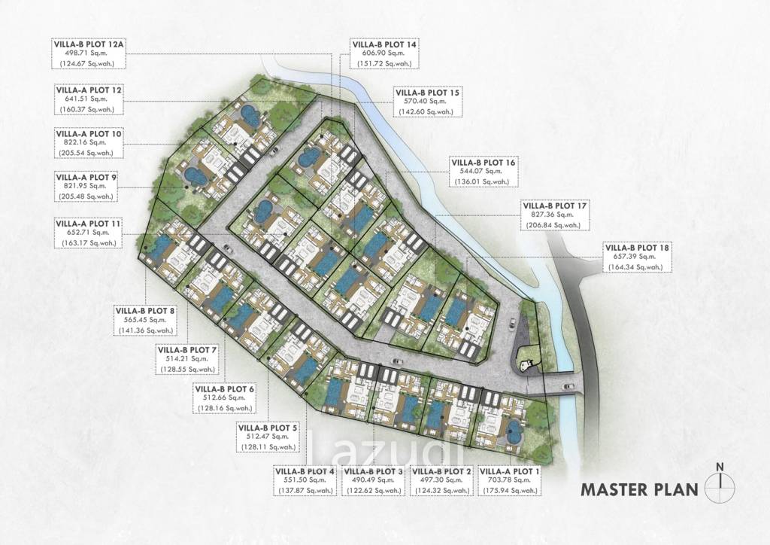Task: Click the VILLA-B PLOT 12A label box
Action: point(89,53)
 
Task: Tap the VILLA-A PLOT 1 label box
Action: point(509,480)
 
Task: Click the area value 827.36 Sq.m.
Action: point(555,215)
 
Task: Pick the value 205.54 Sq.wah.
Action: point(86,153)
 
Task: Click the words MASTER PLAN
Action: point(639,489)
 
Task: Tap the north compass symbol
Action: point(720,485)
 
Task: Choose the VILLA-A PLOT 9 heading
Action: point(86,177)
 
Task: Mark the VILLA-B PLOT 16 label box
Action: point(484,172)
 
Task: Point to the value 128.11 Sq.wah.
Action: point(268,446)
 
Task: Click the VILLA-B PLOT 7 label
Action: point(188,350)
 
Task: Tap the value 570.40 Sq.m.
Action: point(428,101)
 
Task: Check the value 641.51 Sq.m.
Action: point(89,99)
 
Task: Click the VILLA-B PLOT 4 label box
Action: point(305,480)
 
